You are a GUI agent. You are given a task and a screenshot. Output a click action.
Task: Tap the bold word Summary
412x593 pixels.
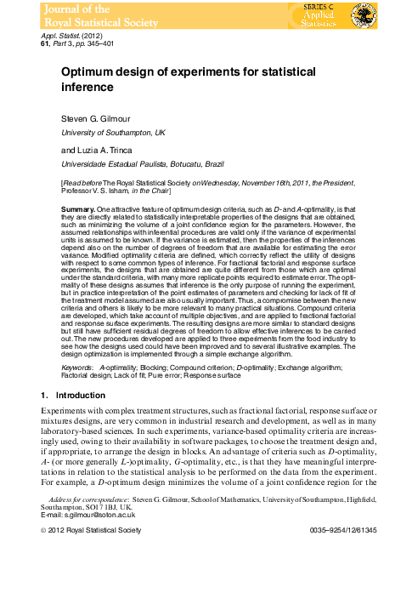pos(78,208)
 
